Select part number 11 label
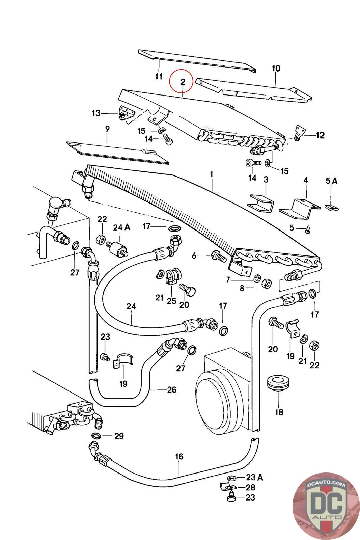coord(159,76)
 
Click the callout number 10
coord(276,69)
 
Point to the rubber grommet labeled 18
coord(278,382)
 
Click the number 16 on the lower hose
coord(179,457)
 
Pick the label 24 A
coord(121,227)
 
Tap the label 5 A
coord(331,181)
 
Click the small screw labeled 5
coord(308,229)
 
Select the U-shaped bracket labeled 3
coord(261,202)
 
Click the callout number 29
coord(119,436)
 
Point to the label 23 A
coord(254,477)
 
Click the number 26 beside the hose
coord(172,390)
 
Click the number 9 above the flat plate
coord(107,129)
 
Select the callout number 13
coord(96,113)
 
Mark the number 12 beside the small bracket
coord(320,135)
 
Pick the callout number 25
coord(171,300)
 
